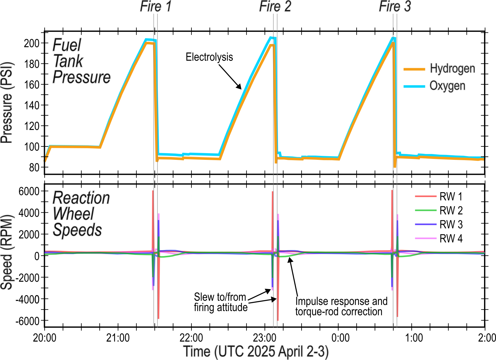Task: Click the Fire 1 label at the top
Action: (x=156, y=7)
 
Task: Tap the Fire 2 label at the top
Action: (x=275, y=7)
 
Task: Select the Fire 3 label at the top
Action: (x=395, y=7)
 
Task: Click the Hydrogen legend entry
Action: (x=452, y=68)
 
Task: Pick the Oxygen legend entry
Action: (x=447, y=86)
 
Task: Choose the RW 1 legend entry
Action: (x=451, y=197)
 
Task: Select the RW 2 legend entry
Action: (x=451, y=211)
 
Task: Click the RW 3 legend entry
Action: (x=451, y=225)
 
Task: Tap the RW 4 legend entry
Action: (x=451, y=238)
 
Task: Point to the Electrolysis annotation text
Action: (x=209, y=57)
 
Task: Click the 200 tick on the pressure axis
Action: (x=32, y=43)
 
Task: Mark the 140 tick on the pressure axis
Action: (x=32, y=105)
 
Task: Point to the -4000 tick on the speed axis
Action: (x=28, y=299)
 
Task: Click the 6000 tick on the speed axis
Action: (x=29, y=191)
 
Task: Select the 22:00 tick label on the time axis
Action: (x=191, y=338)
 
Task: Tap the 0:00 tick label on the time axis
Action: (x=340, y=338)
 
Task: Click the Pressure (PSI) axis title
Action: (x=7, y=103)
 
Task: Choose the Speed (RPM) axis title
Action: (x=7, y=252)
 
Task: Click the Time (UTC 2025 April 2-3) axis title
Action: (x=256, y=352)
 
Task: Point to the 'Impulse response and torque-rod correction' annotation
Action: (x=341, y=307)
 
